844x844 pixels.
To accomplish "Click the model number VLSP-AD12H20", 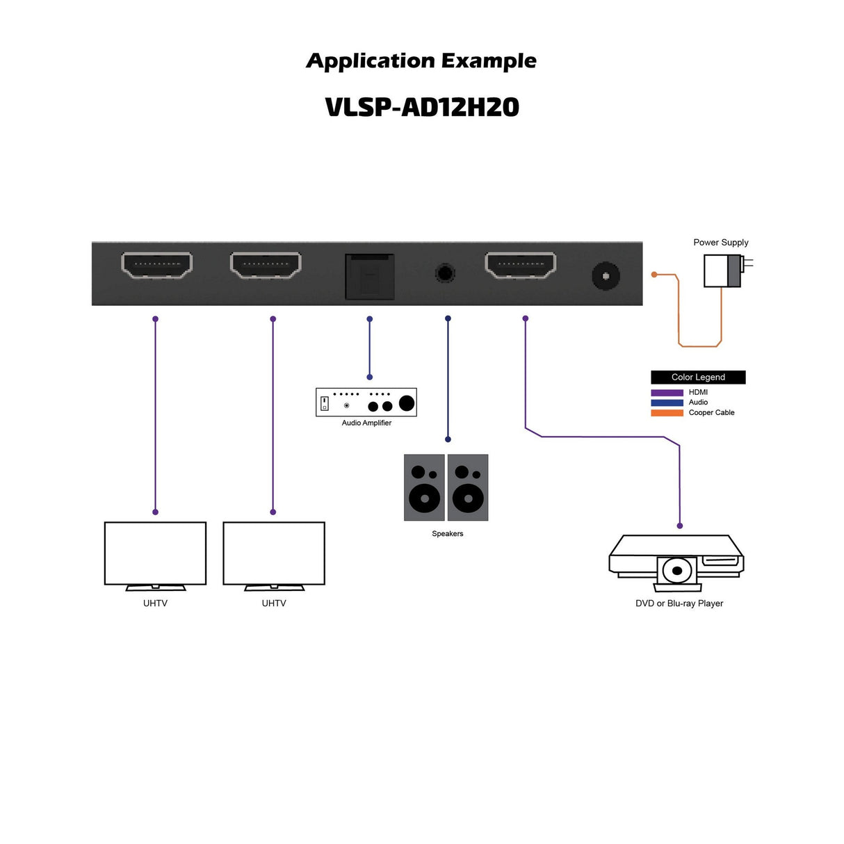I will point(422,107).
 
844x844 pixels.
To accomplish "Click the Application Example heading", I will point(421,61).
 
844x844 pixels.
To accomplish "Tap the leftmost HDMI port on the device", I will point(157,265).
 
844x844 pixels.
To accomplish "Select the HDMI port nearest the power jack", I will point(521,265).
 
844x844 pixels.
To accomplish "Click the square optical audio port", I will point(369,276).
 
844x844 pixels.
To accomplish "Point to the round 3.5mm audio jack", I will point(445,273).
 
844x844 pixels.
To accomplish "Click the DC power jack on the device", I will point(606,276).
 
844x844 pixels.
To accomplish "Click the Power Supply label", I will point(721,243).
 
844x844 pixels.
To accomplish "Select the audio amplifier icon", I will point(366,402).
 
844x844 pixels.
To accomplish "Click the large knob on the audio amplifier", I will point(407,403).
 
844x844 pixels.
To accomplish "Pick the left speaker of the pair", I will point(424,487).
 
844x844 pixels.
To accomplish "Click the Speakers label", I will point(447,534).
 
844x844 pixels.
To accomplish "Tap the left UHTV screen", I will point(155,553).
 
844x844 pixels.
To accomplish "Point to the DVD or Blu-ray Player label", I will point(679,603).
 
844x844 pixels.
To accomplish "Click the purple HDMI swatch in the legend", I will point(667,393).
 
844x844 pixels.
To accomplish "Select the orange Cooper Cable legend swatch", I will point(667,413).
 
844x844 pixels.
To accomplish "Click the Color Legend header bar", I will point(698,378).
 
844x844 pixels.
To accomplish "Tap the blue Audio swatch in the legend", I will point(667,403).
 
